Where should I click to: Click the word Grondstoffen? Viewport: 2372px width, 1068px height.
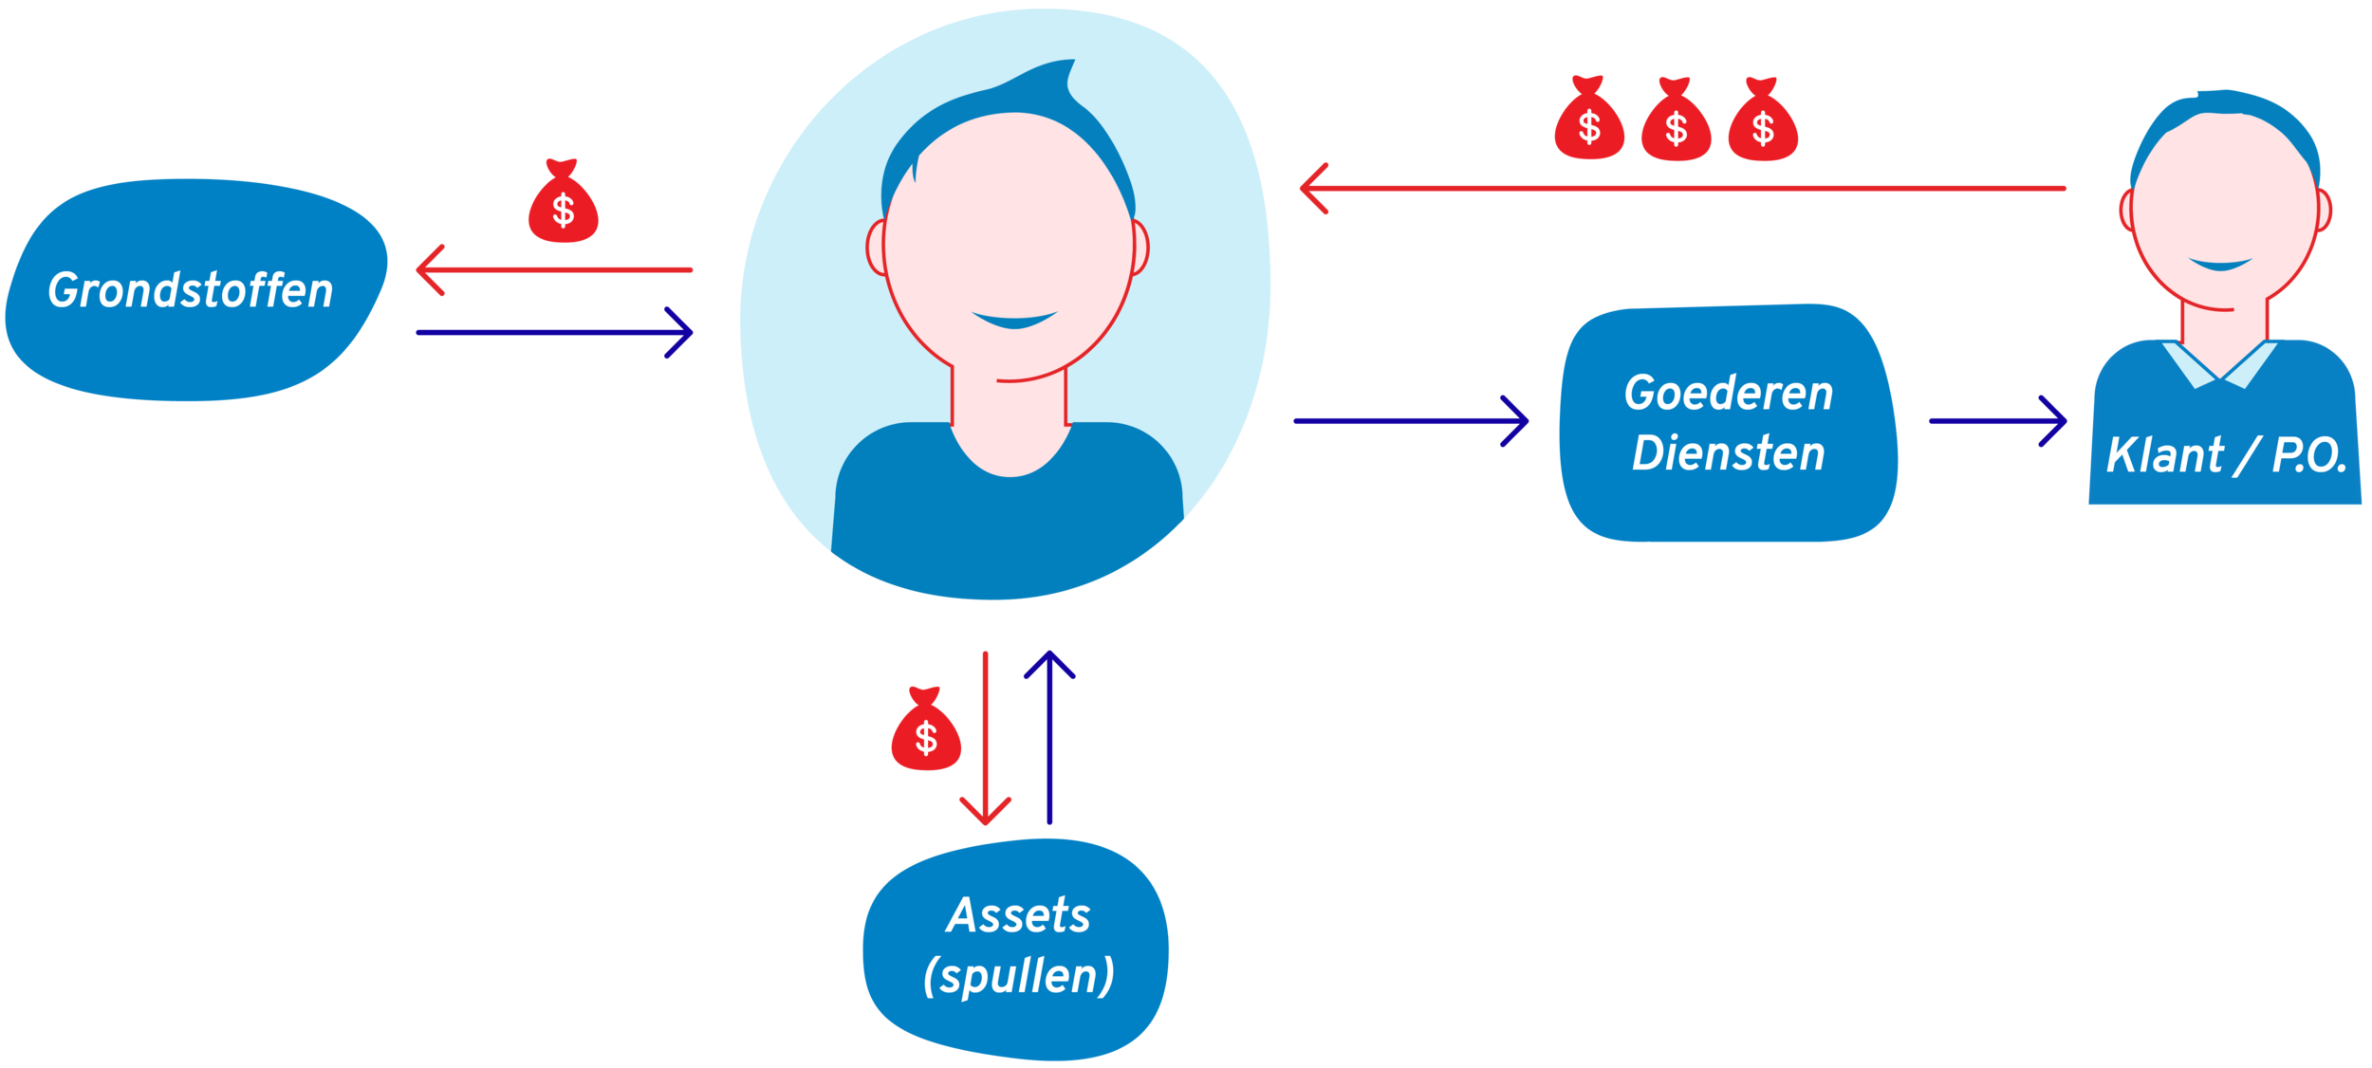(191, 290)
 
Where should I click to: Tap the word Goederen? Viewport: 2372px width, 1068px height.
(1728, 394)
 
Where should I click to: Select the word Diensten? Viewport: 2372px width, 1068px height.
(1728, 453)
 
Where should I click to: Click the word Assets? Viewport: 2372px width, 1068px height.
(1018, 916)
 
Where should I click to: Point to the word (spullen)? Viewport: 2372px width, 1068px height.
(1018, 976)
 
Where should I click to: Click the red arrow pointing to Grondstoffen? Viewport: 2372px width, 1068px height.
(554, 270)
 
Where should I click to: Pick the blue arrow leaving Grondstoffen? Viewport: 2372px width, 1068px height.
(554, 333)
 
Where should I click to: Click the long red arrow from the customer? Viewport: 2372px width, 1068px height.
(1679, 189)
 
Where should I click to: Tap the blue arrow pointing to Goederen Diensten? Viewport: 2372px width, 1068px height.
(1410, 420)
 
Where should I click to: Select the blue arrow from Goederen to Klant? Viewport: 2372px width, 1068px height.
(1997, 420)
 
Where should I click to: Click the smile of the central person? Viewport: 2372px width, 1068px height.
(1014, 320)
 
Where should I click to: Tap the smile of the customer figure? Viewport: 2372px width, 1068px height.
(2220, 264)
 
